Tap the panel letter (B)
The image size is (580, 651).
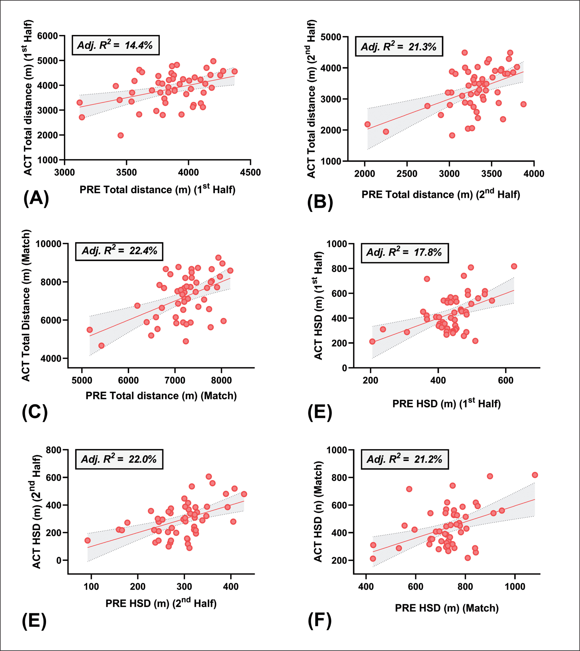click(320, 202)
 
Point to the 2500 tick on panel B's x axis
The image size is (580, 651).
click(407, 174)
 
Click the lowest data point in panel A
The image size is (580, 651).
click(121, 135)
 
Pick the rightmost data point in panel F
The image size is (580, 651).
click(535, 475)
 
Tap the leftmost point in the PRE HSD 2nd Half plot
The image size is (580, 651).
click(87, 540)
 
